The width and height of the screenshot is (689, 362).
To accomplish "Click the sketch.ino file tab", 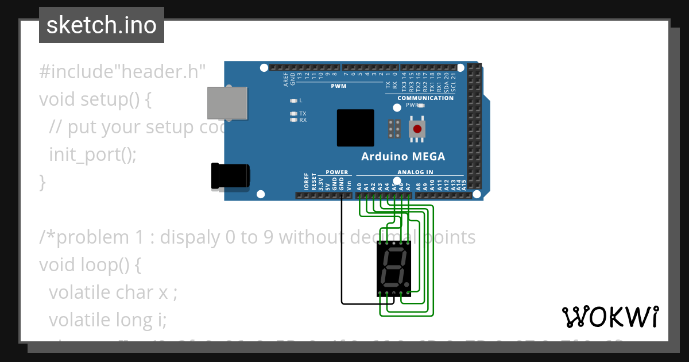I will tap(102, 25).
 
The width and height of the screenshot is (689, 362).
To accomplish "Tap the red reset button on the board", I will tap(417, 129).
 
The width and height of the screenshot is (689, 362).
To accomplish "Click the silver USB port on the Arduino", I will tap(227, 103).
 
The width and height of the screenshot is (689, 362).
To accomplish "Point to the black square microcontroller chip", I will tap(355, 128).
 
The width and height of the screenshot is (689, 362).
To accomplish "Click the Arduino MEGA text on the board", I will tap(403, 156).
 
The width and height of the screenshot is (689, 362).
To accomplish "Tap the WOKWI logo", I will tap(610, 317).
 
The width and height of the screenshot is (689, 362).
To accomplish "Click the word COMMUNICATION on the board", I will tap(425, 98).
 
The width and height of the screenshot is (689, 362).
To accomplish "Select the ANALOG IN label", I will tap(415, 172).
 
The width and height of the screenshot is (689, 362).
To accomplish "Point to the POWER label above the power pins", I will tap(336, 172).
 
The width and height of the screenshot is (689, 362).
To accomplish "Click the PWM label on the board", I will tap(339, 86).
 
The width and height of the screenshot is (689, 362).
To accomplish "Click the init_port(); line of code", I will tap(93, 154).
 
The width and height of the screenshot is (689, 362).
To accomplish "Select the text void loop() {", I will tap(90, 264).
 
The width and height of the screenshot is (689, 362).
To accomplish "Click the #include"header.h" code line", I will tap(122, 72).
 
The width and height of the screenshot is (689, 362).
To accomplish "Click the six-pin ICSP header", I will tap(394, 129).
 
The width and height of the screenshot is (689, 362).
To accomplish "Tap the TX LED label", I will tap(303, 114).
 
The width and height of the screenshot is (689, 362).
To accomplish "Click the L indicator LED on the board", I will tap(293, 101).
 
